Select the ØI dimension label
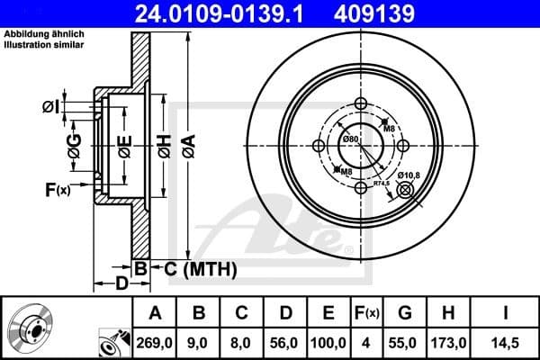click(x=50, y=107)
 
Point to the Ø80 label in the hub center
click(x=351, y=139)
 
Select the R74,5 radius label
click(x=382, y=184)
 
